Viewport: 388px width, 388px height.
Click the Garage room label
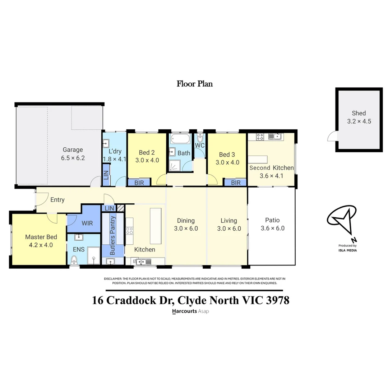pyautogui.click(x=73, y=150)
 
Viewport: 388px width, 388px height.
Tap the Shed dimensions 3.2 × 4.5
pyautogui.click(x=359, y=121)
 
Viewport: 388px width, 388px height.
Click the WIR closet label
pyautogui.click(x=87, y=223)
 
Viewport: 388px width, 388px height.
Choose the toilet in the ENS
pyautogui.click(x=74, y=259)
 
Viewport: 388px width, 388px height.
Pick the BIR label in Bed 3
pyautogui.click(x=236, y=183)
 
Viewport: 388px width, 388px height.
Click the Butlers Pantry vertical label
pyautogui.click(x=112, y=235)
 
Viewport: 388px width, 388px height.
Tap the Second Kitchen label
pyautogui.click(x=271, y=168)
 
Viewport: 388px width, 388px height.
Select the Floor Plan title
pyautogui.click(x=194, y=84)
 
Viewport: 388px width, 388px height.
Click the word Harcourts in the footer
pyautogui.click(x=185, y=311)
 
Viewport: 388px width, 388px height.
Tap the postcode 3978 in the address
pyautogui.click(x=277, y=300)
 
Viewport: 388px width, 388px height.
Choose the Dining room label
pyautogui.click(x=186, y=221)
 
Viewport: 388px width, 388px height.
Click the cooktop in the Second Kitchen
pyautogui.click(x=260, y=137)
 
